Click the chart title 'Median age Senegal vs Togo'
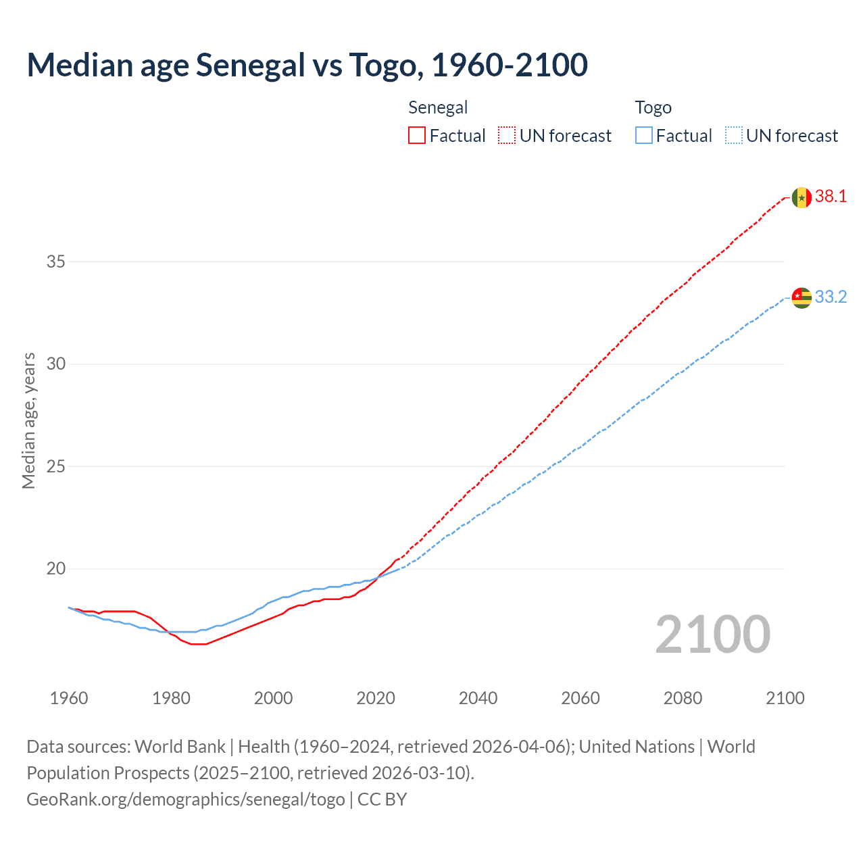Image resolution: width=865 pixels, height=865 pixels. point(307,66)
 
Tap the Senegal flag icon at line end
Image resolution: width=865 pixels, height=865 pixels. point(801,197)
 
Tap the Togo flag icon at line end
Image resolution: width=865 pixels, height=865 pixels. point(801,297)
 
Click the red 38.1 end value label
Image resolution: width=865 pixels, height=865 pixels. point(831,197)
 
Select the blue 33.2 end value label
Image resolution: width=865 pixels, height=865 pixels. point(831,297)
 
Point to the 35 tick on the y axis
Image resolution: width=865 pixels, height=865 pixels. point(55,262)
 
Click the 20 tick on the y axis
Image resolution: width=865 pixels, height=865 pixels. point(55,569)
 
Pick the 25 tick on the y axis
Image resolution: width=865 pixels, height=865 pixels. point(55,467)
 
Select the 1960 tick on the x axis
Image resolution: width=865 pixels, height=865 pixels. point(69,698)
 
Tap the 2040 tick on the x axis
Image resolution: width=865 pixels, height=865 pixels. point(478,698)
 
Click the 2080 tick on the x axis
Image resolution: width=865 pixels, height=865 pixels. point(683,698)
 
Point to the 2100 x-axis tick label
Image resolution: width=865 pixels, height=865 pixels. point(785,698)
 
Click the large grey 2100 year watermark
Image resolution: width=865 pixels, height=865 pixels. point(712,634)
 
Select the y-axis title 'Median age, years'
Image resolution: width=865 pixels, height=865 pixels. point(28,420)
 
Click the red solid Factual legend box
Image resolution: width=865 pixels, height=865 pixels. point(417,136)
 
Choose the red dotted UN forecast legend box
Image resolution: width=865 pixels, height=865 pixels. point(507,136)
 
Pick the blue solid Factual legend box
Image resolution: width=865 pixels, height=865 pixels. point(644,136)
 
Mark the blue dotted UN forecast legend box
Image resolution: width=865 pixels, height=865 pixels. point(733,136)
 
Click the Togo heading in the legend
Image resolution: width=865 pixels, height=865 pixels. point(653,107)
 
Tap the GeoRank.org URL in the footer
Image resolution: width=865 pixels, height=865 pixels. point(186,799)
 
